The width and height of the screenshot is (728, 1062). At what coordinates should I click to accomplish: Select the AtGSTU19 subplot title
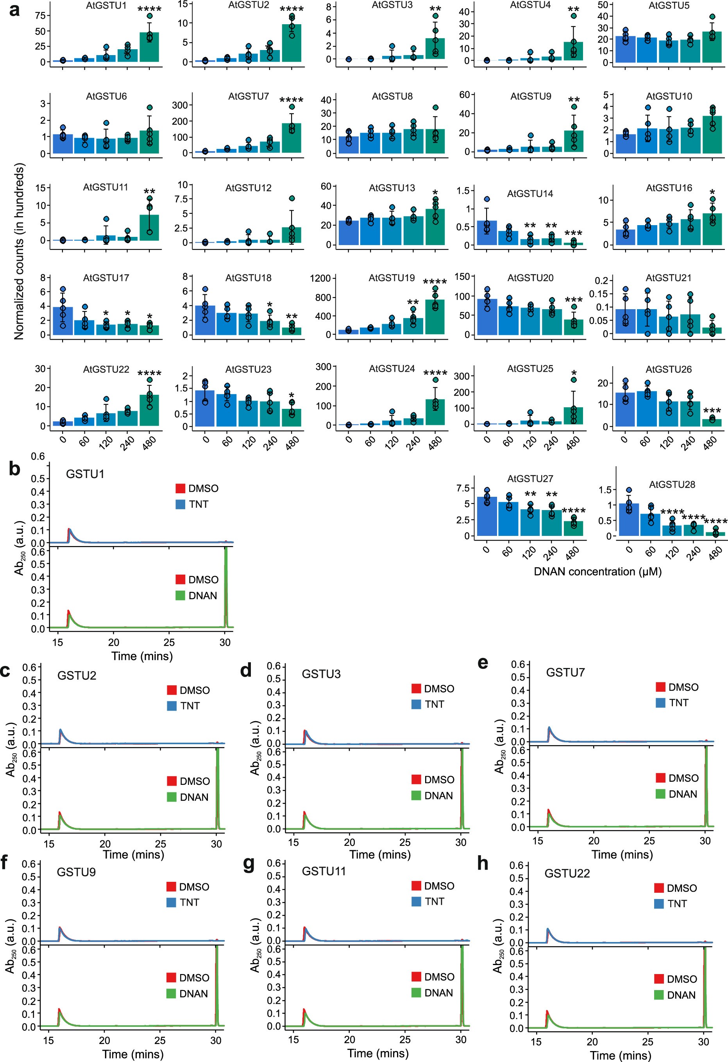(x=392, y=278)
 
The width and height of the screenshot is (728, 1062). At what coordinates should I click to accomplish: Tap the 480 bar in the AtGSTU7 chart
(x=292, y=138)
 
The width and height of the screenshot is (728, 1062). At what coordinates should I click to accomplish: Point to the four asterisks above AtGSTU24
(x=435, y=374)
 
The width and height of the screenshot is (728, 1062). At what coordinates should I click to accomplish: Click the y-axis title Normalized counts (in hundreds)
(x=19, y=252)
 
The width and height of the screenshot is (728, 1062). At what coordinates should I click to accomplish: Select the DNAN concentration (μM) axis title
(x=597, y=571)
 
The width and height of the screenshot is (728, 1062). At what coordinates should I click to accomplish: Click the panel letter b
(x=14, y=469)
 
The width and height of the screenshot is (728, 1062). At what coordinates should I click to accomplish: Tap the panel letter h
(x=482, y=863)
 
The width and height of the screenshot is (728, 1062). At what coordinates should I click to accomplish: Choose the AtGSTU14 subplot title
(x=530, y=194)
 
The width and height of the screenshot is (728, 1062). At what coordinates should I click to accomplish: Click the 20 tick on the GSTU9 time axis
(x=105, y=1041)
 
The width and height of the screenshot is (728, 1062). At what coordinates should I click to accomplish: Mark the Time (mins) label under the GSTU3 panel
(x=380, y=854)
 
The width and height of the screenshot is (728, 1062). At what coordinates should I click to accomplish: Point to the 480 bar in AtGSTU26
(x=712, y=423)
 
